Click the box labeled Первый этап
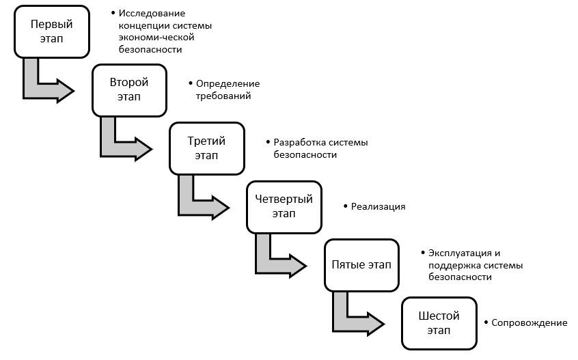pyautogui.click(x=52, y=31)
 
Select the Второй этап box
pyautogui.click(x=129, y=89)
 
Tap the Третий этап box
pyautogui.click(x=206, y=148)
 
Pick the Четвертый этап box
pyautogui.click(x=284, y=206)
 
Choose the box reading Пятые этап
pyautogui.click(x=361, y=264)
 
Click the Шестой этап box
pyautogui.click(x=438, y=323)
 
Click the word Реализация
pyautogui.click(x=378, y=206)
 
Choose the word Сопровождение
pyautogui.click(x=529, y=322)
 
